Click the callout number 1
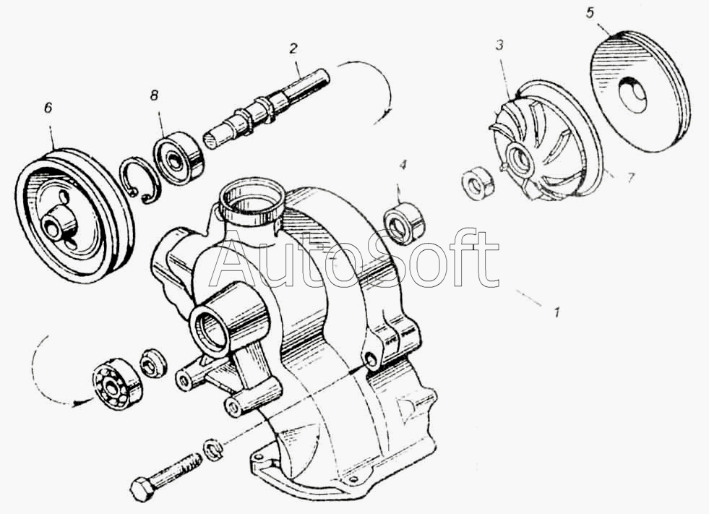click(x=557, y=312)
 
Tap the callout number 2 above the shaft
click(x=293, y=48)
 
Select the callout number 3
click(x=499, y=46)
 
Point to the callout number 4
click(x=403, y=165)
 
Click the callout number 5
click(x=590, y=13)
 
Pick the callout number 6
click(x=48, y=108)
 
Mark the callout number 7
click(x=630, y=178)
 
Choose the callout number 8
click(x=155, y=95)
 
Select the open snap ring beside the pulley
click(x=139, y=180)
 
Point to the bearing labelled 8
click(x=178, y=158)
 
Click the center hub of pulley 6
click(x=56, y=222)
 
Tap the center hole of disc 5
click(x=632, y=94)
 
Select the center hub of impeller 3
click(x=520, y=158)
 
